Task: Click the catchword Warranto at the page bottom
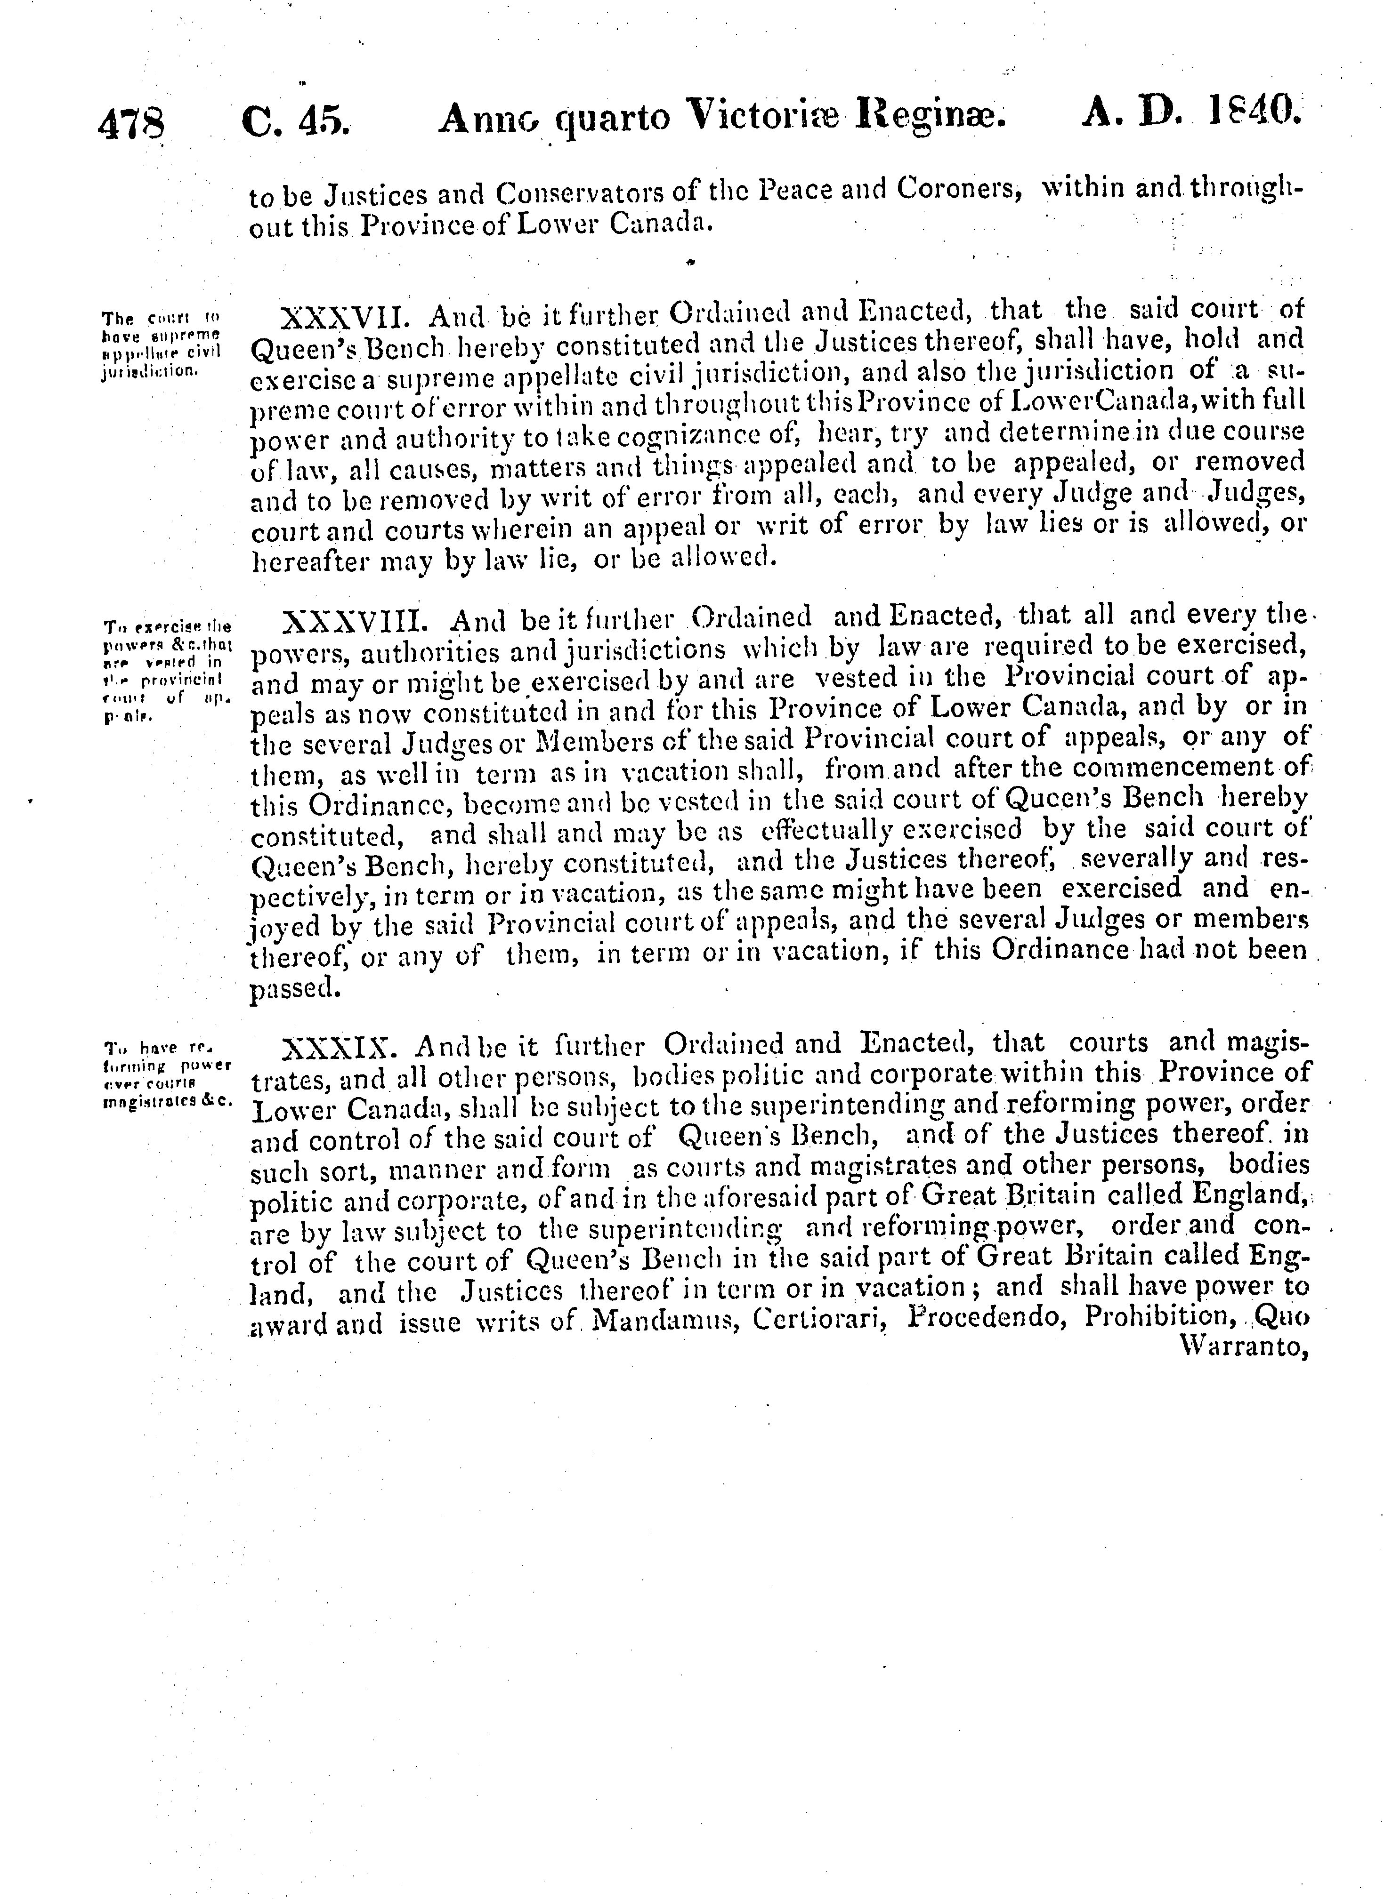pos(1242,1347)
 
